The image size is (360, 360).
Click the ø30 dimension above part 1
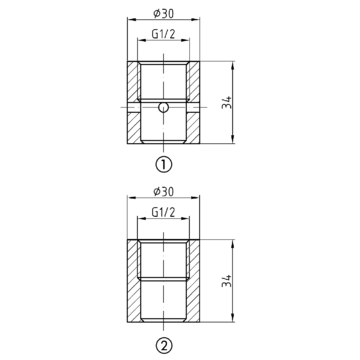pyautogui.click(x=164, y=14)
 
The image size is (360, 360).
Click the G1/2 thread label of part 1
pyautogui.click(x=163, y=34)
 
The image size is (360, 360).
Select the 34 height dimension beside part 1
pyautogui.click(x=227, y=103)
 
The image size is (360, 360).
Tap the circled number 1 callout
pyautogui.click(x=163, y=164)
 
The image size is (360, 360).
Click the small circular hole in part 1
pyautogui.click(x=163, y=107)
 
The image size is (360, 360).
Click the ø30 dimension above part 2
pyautogui.click(x=164, y=192)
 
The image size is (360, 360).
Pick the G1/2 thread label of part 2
pyautogui.click(x=163, y=212)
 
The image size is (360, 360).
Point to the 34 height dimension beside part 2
pyautogui.click(x=227, y=281)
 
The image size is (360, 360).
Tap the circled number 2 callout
pyautogui.click(x=163, y=343)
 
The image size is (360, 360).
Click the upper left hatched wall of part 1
pyautogui.click(x=133, y=81)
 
